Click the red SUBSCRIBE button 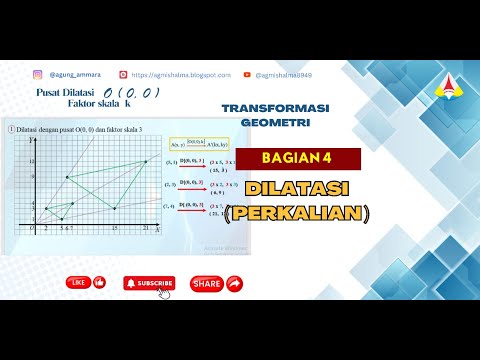(149, 283)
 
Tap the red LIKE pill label (79, 283)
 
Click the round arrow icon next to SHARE (234, 283)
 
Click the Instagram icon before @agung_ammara (39, 74)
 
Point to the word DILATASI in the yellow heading (298, 187)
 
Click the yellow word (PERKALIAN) (297, 212)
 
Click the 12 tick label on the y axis (33, 161)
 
